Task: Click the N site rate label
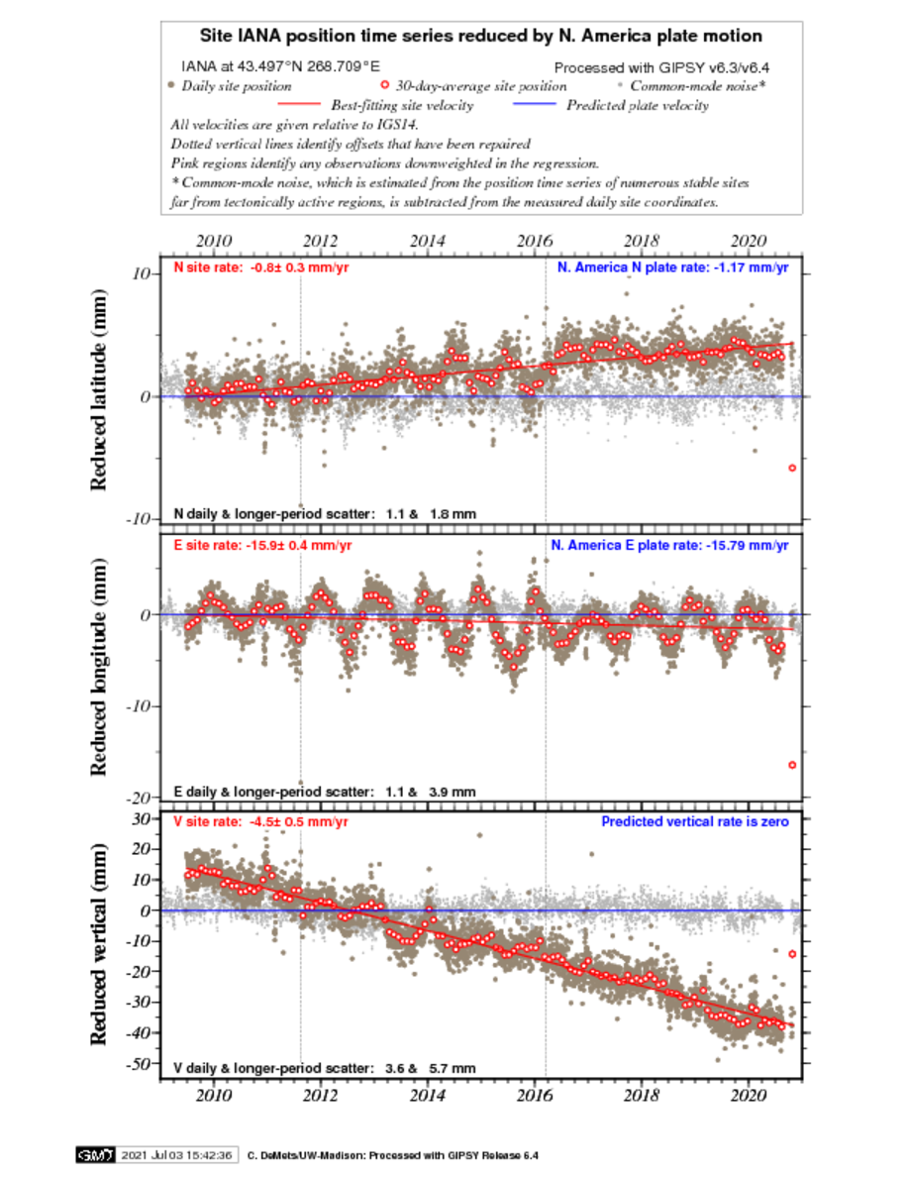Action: pos(261,267)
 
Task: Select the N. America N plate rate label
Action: pos(672,267)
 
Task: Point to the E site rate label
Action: pos(262,546)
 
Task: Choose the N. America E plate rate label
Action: pos(670,546)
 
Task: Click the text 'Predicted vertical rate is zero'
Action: pos(695,822)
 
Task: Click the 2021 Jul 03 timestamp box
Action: pos(177,1155)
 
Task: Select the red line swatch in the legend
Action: pos(299,103)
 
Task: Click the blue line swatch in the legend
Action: pos(535,103)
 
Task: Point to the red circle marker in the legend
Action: pos(384,85)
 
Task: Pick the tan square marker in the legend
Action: pos(171,85)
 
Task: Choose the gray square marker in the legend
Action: pos(620,85)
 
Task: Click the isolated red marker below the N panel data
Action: pos(792,468)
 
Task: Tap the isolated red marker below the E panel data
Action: pos(792,765)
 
